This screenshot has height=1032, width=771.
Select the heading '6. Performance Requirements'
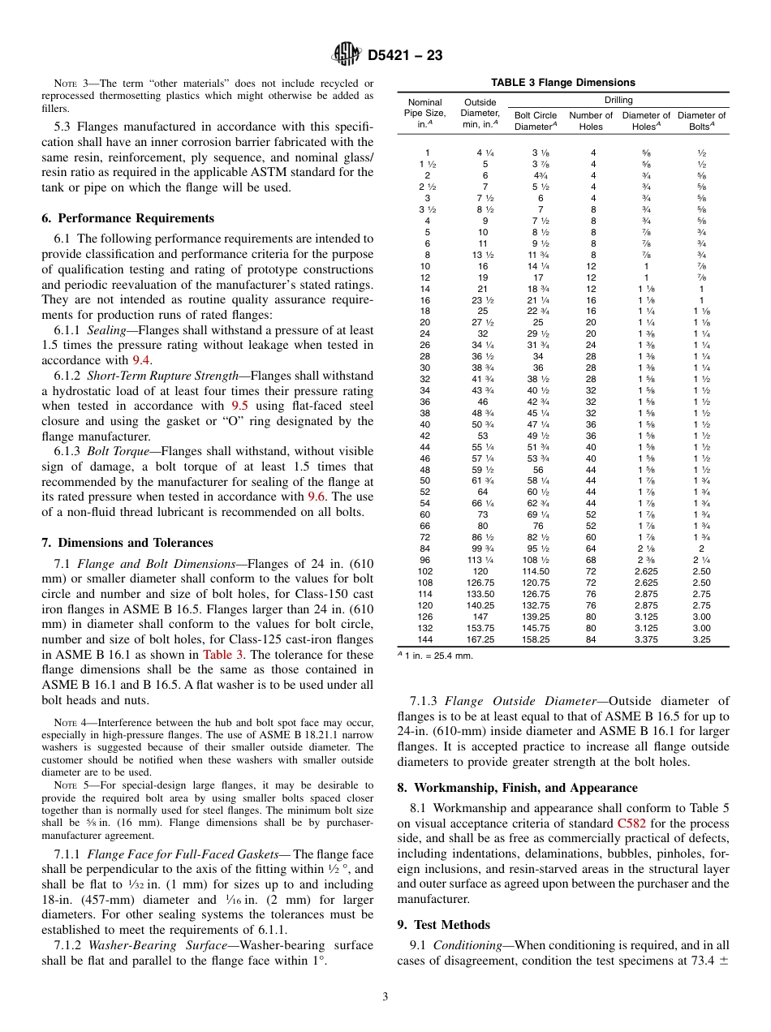pos(127,218)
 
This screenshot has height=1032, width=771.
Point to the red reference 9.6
pos(318,496)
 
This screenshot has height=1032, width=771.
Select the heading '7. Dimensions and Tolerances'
pos(127,543)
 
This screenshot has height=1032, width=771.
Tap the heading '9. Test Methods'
pos(443,925)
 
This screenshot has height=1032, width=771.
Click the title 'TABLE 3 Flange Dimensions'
pos(562,83)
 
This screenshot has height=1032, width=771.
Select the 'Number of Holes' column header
pos(591,121)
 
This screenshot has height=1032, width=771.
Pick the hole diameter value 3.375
pos(646,639)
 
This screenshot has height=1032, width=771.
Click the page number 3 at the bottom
pos(385,997)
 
